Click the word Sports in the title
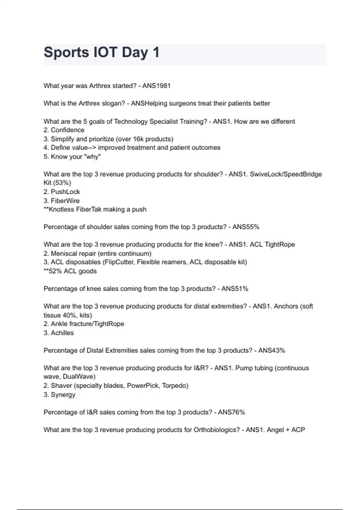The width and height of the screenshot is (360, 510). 66,52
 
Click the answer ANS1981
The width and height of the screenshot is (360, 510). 156,86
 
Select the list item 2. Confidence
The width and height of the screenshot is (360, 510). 64,130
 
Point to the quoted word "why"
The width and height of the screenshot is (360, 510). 93,157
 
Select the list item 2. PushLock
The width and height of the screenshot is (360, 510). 62,192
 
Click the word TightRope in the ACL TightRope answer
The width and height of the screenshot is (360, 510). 280,244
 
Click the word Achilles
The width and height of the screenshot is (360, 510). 62,333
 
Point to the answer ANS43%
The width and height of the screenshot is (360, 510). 271,351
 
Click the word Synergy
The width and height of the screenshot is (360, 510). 63,395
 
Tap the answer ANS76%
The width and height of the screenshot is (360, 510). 231,412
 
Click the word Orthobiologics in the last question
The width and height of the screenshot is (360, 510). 215,430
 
